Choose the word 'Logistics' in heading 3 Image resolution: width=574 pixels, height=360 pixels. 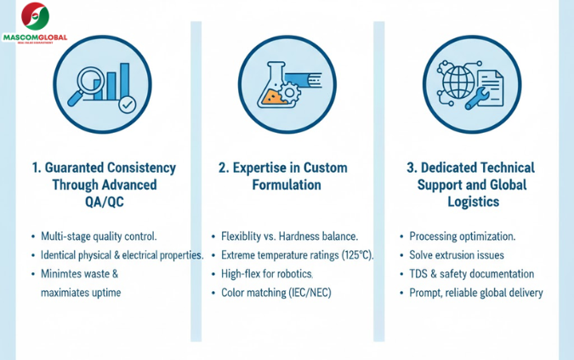(471, 202)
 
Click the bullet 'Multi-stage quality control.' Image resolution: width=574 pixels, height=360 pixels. (99, 236)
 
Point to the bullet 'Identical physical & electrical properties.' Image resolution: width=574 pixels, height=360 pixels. (122, 254)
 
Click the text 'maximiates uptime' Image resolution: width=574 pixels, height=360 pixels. (81, 292)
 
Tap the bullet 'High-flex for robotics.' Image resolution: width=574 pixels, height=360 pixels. (267, 273)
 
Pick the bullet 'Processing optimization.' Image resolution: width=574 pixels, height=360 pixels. (463, 236)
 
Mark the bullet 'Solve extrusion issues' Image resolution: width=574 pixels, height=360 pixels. (457, 254)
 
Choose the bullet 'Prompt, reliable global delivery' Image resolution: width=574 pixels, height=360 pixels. (475, 292)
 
